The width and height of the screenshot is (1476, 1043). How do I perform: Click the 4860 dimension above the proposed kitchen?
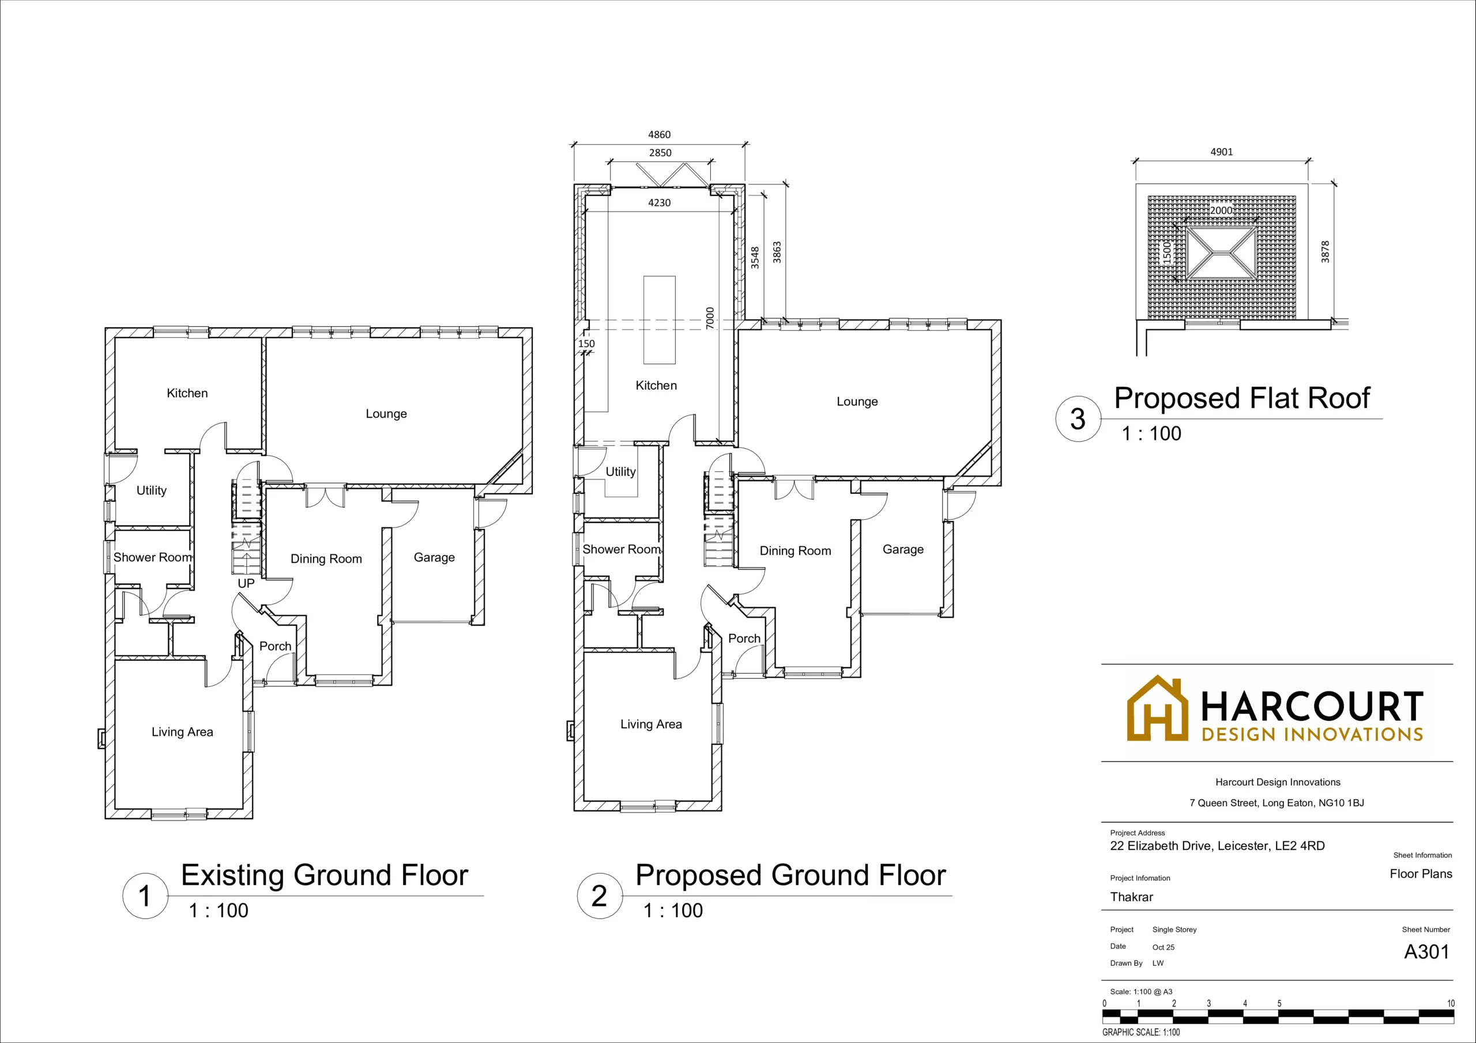[x=659, y=134]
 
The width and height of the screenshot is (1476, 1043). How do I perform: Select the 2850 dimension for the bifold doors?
[x=660, y=152]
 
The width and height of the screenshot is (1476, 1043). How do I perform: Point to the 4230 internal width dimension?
[x=659, y=202]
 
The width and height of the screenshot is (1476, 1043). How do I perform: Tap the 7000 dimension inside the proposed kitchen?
[x=710, y=318]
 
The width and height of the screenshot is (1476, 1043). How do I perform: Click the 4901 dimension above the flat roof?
[x=1221, y=152]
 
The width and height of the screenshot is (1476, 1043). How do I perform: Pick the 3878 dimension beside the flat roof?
[x=1325, y=251]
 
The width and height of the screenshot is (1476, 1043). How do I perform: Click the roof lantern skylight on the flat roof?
[x=1221, y=252]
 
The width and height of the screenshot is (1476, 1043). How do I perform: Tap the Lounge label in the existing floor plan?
[x=386, y=413]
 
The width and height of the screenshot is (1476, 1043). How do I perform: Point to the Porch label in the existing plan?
[x=275, y=646]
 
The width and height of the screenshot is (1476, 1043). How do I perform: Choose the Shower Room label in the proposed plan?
[x=622, y=550]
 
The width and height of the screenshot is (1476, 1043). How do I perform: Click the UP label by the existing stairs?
[x=246, y=583]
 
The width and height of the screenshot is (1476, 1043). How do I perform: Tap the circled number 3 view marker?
[x=1078, y=419]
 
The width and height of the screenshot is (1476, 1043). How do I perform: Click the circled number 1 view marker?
[x=145, y=896]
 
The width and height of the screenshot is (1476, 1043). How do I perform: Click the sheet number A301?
[x=1426, y=952]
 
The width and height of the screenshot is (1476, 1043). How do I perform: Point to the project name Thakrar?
[x=1131, y=897]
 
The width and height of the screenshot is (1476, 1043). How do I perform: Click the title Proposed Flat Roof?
[x=1241, y=398]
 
